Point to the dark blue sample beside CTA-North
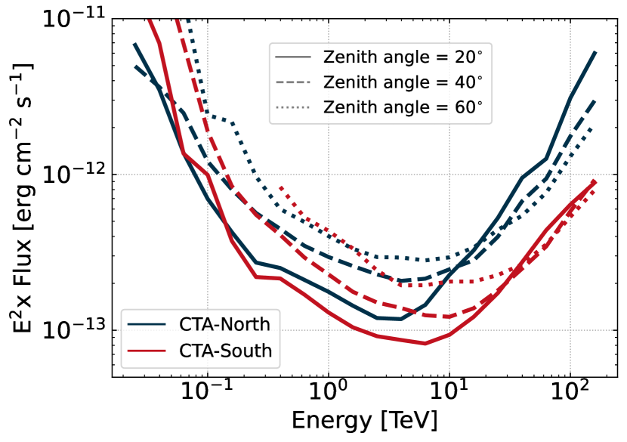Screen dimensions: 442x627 (147, 325)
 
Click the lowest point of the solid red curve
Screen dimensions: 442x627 (425, 343)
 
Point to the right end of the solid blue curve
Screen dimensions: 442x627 (595, 52)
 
